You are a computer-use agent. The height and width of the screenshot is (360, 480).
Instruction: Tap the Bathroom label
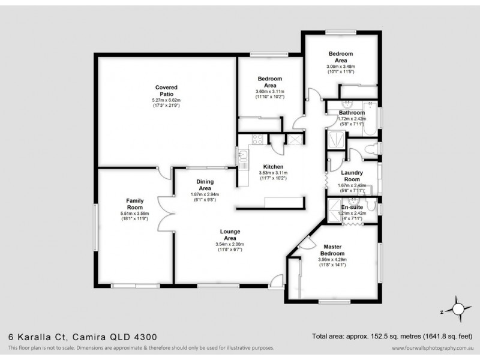(x=352, y=112)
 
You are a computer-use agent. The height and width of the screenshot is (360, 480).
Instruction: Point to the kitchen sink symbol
(x=244, y=157)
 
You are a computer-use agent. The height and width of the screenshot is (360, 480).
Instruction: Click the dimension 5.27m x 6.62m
(x=167, y=100)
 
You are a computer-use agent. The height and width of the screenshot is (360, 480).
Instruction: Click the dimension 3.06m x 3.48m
(x=341, y=67)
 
